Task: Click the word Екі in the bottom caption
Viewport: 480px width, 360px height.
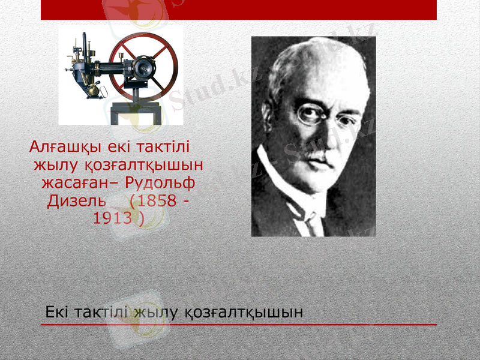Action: (x=59, y=312)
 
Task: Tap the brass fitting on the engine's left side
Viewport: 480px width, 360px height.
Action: (x=93, y=90)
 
